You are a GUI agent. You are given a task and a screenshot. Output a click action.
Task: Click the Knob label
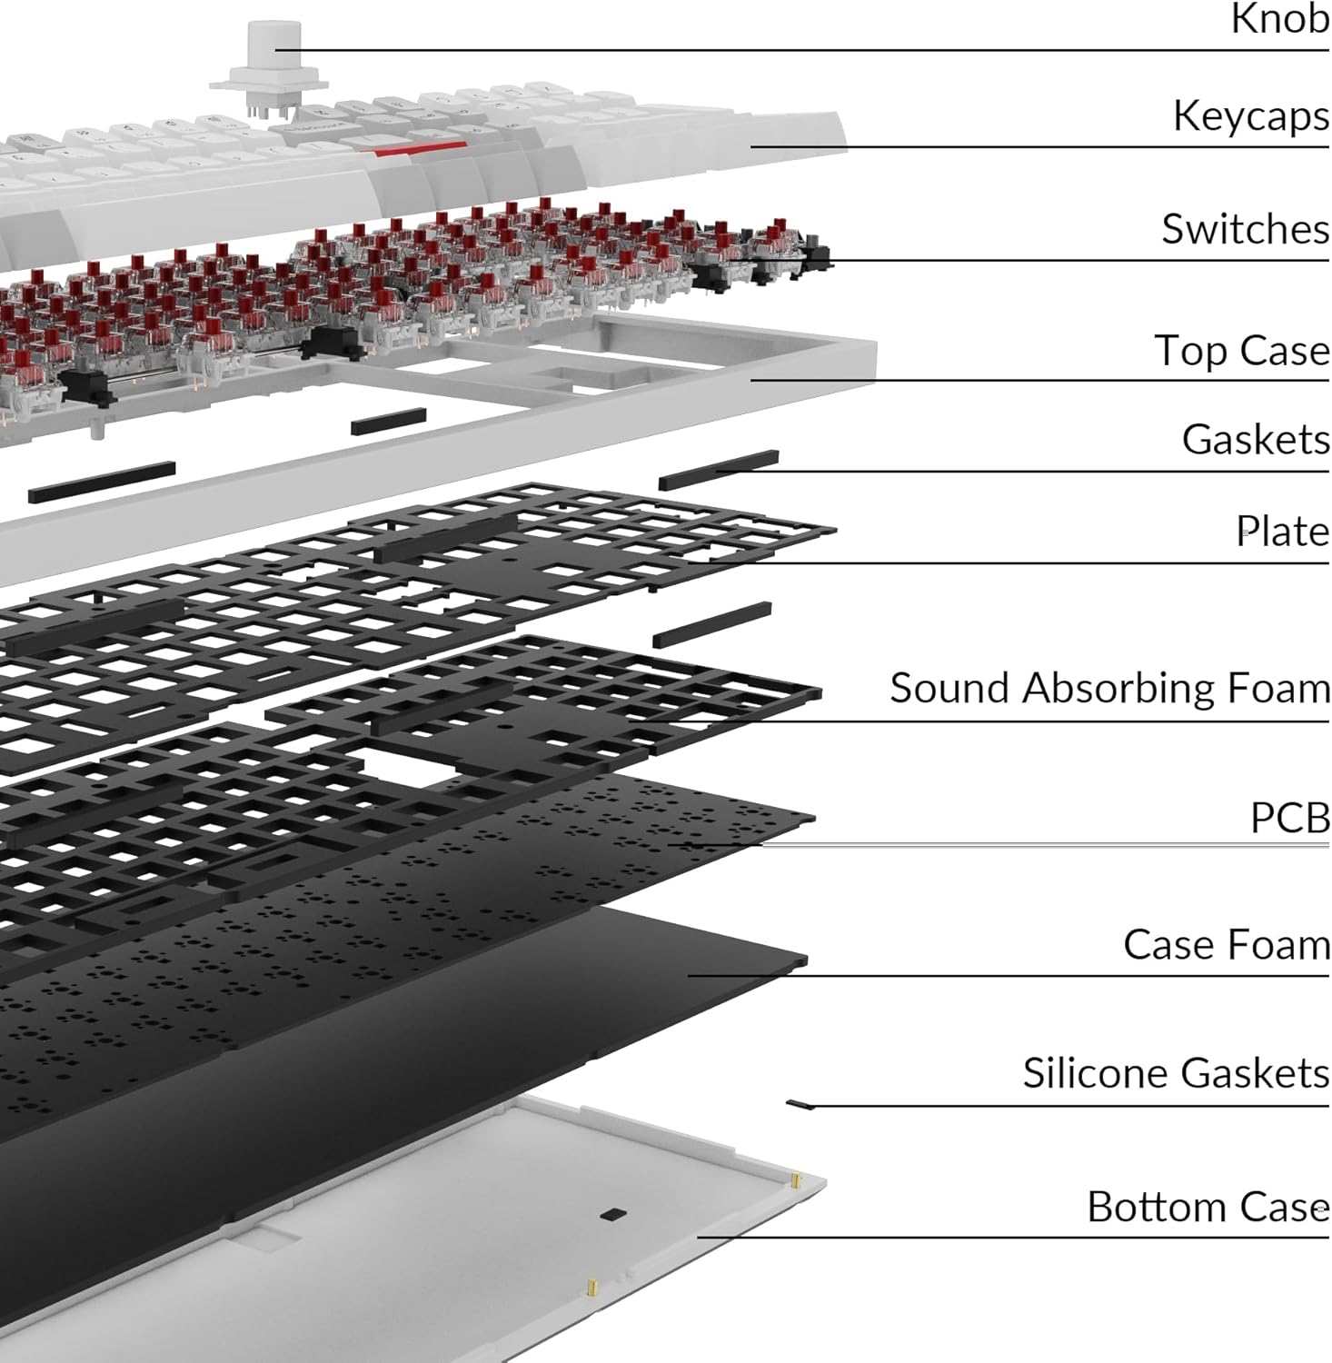(x=1279, y=19)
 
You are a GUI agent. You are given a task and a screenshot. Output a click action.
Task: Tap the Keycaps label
(x=1250, y=117)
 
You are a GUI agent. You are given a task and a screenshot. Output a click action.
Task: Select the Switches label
(x=1245, y=229)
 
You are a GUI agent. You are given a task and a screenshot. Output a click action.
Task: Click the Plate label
(x=1282, y=532)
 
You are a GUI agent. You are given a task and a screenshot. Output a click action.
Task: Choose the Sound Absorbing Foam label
(x=1109, y=689)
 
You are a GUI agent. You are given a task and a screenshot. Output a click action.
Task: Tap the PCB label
(x=1289, y=819)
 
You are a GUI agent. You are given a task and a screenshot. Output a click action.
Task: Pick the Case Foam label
(x=1226, y=945)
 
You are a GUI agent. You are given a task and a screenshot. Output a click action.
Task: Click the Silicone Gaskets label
(x=1176, y=1074)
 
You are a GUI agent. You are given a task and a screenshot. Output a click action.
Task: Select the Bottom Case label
(x=1208, y=1208)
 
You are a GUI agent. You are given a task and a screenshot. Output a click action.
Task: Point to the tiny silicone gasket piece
(x=800, y=1104)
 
